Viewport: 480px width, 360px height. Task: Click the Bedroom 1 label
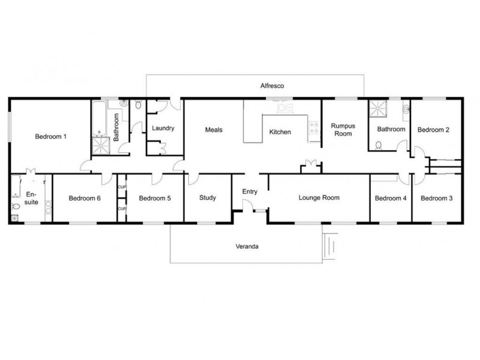point(50,137)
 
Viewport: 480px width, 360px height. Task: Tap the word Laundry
point(163,128)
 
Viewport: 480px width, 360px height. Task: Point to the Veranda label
point(247,246)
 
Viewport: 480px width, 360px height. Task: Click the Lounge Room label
point(319,197)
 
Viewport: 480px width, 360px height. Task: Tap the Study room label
point(207,198)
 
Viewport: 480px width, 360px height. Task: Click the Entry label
point(250,191)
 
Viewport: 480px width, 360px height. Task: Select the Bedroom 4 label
point(390,199)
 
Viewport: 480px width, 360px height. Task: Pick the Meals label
point(214,130)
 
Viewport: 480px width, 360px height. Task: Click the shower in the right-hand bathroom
point(379,108)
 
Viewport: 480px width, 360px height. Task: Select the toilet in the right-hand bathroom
point(379,145)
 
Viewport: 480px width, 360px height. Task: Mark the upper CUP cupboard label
point(122,187)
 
